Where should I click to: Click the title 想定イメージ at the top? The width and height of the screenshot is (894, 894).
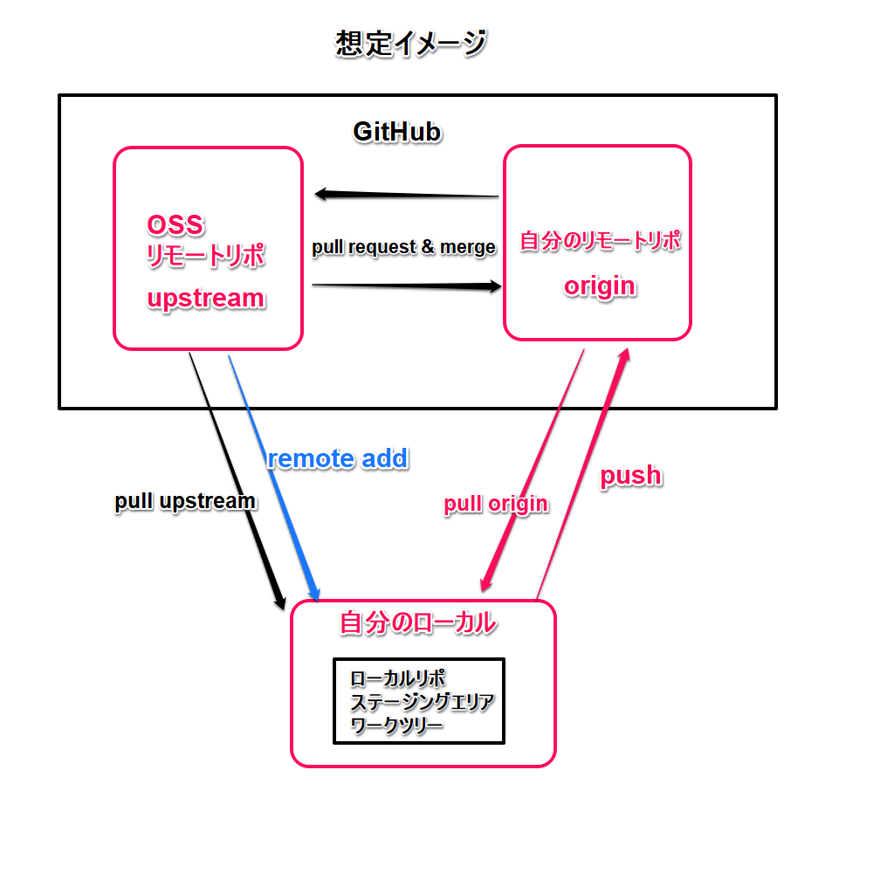(410, 44)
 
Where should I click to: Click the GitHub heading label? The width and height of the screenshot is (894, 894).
(396, 132)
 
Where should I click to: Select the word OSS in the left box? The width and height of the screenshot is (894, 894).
(175, 225)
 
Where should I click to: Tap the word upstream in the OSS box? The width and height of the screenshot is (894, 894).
(205, 299)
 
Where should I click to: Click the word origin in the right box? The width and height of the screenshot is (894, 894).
(600, 286)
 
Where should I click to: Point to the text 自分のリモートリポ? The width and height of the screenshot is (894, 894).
(600, 241)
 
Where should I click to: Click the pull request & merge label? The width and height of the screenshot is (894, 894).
(403, 247)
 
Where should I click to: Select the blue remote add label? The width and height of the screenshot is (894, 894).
(337, 458)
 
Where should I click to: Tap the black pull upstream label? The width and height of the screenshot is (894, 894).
(185, 501)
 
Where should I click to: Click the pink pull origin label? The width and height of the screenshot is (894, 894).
(496, 504)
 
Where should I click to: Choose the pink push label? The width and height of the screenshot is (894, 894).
(630, 476)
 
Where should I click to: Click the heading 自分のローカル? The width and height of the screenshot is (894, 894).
(417, 623)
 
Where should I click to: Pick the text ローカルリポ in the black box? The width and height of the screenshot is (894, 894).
(398, 678)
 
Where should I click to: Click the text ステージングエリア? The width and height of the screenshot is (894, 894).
(422, 702)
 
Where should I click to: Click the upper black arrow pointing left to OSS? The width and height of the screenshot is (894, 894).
(406, 194)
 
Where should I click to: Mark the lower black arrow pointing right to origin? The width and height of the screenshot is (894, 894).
(406, 285)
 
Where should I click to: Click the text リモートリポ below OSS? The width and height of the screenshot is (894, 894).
(205, 257)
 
